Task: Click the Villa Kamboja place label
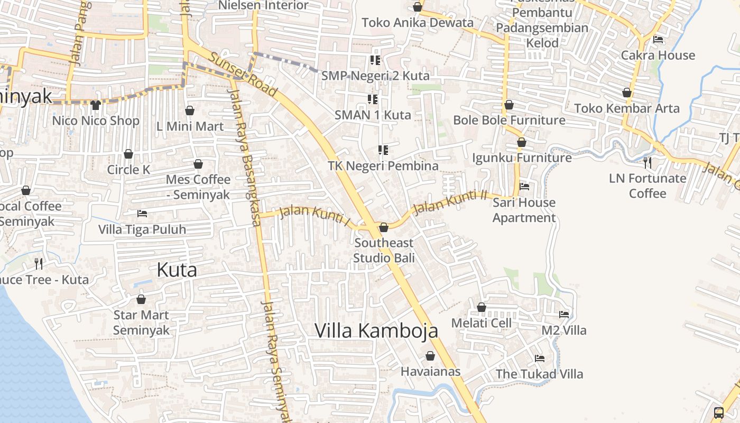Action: (x=376, y=330)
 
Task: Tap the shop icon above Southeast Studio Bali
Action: (x=384, y=227)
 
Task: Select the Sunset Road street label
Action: (x=243, y=75)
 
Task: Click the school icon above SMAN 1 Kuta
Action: (x=373, y=99)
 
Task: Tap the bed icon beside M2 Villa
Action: (x=564, y=314)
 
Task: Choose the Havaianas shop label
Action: (x=430, y=371)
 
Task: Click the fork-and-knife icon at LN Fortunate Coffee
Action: (x=647, y=162)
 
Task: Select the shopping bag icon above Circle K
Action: (x=128, y=154)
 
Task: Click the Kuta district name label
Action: (x=177, y=270)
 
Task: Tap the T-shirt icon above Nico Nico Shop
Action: (x=96, y=105)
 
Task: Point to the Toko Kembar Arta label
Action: (x=626, y=108)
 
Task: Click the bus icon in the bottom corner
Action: (x=719, y=413)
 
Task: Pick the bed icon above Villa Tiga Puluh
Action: (x=142, y=214)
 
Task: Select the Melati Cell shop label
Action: (x=481, y=323)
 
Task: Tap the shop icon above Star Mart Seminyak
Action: (x=141, y=299)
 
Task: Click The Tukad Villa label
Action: (x=539, y=374)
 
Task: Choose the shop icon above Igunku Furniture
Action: (x=522, y=142)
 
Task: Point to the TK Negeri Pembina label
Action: (x=383, y=166)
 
